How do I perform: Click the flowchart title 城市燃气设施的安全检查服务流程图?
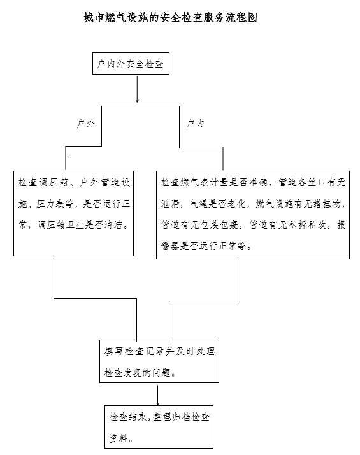pos(171,18)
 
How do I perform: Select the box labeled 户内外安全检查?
pos(131,64)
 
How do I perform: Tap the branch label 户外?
pos(85,124)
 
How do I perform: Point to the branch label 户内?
pos(195,124)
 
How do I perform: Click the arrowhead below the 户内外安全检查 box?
pos(137,101)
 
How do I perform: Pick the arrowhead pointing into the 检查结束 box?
pos(158,403)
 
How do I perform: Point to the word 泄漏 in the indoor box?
pos(171,204)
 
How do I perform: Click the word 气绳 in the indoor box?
pos(199,204)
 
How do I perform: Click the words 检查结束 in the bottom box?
pos(128,417)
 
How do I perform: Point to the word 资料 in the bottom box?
pos(119,438)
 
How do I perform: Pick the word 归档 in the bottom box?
pos(182,417)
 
